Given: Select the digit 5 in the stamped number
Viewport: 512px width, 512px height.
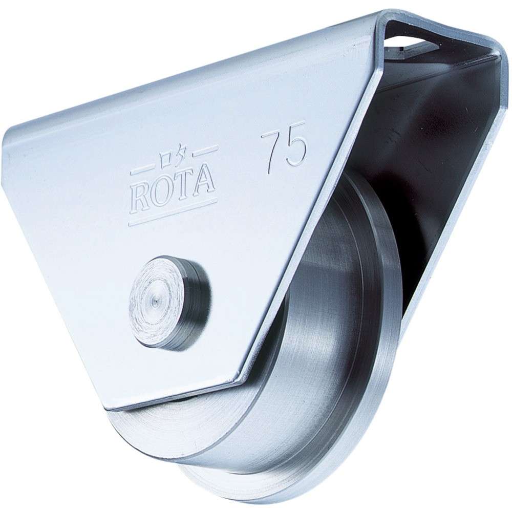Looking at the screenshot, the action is point(296,146).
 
